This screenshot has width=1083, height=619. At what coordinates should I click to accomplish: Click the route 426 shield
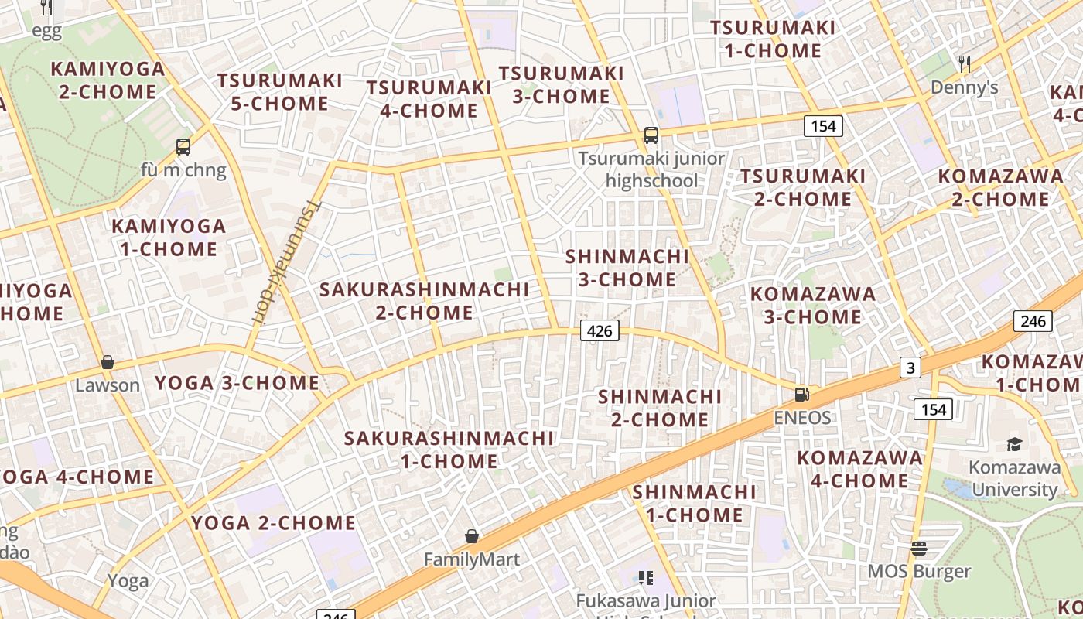click(x=600, y=331)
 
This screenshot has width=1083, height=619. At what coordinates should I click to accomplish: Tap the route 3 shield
click(x=910, y=368)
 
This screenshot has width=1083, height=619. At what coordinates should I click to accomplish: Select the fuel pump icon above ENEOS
click(x=802, y=395)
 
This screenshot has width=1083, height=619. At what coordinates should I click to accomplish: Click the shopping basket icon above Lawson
click(x=108, y=362)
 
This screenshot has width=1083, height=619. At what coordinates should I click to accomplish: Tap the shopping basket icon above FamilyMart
click(x=471, y=536)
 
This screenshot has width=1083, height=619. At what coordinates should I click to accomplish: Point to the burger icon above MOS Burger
click(x=919, y=549)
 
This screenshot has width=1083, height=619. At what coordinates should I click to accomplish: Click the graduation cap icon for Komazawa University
click(x=1014, y=444)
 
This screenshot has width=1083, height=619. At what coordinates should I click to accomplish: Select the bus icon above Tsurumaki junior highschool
click(x=651, y=135)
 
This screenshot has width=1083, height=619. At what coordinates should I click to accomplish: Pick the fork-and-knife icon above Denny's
click(x=964, y=63)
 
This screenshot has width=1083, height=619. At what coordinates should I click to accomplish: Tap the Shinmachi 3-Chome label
click(x=627, y=268)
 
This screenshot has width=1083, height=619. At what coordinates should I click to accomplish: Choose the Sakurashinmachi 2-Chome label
click(x=425, y=301)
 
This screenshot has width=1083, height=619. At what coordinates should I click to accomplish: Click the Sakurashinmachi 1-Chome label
click(x=449, y=450)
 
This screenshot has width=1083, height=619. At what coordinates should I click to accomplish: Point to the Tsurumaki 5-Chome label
click(x=279, y=92)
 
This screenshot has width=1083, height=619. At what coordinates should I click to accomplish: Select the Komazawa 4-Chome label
click(x=859, y=469)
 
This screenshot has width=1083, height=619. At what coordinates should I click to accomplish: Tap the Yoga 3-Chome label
click(x=237, y=383)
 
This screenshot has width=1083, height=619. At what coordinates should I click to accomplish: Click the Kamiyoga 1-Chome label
click(x=169, y=238)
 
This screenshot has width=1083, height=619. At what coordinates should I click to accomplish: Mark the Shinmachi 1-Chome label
click(x=694, y=503)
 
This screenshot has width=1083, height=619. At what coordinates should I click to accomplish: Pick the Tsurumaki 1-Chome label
click(x=773, y=39)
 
